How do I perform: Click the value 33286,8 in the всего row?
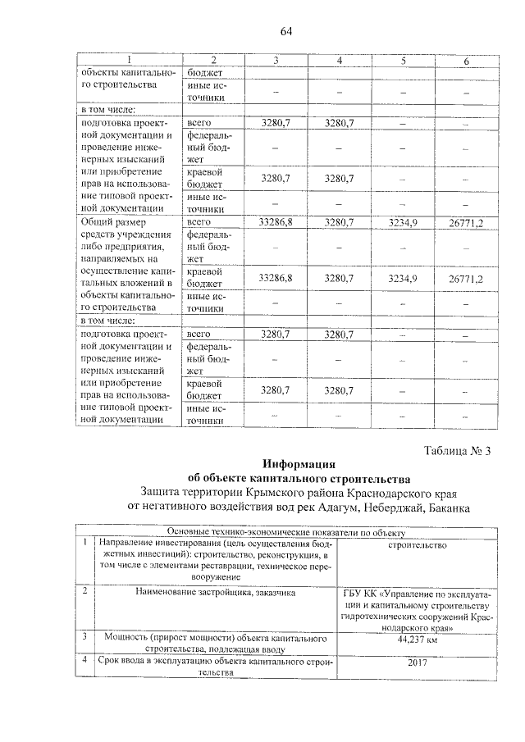click(276, 221)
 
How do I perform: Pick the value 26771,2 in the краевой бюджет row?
click(465, 279)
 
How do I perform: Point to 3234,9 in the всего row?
click(403, 221)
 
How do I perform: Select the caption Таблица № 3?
click(458, 449)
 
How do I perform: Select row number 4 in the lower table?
click(84, 659)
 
